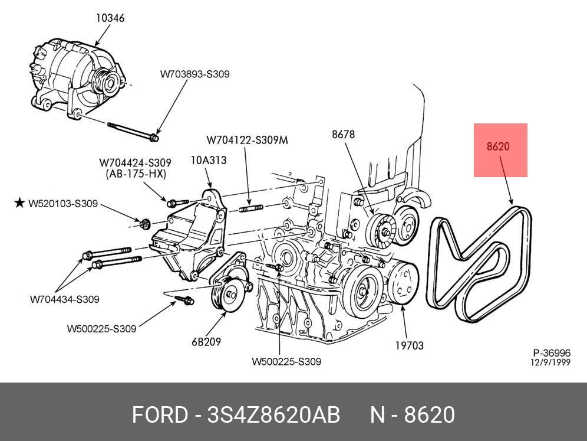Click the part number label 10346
[110, 18]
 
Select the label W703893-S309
[194, 74]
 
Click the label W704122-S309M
[247, 141]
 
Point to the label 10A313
[208, 159]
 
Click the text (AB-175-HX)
[136, 174]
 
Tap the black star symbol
[19, 203]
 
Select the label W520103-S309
[63, 204]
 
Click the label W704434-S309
[65, 299]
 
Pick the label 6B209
[206, 341]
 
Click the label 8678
[343, 134]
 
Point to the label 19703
[408, 345]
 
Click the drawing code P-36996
[552, 353]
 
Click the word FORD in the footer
[159, 415]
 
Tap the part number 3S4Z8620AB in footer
[273, 415]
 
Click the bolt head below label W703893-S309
[154, 138]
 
